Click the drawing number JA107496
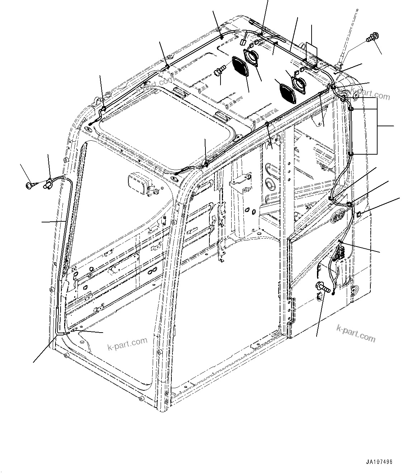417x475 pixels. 379,462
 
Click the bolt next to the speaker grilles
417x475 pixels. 218,71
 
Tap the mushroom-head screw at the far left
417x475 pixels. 30,185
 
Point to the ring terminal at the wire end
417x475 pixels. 333,294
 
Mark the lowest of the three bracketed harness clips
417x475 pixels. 351,154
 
